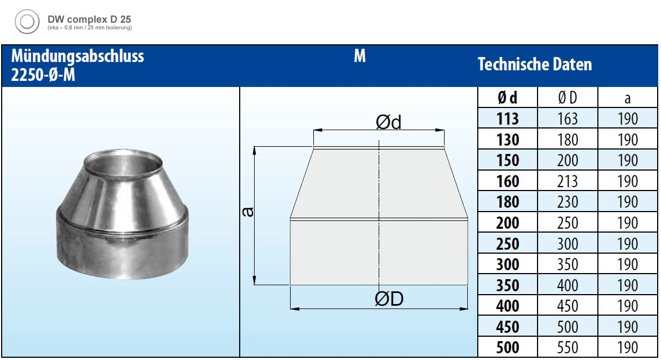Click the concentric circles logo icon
point(27,22)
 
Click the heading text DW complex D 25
point(89,19)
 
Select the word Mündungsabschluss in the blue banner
point(78,56)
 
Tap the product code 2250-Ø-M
point(43,75)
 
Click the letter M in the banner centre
point(360,56)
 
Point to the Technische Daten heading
point(535,65)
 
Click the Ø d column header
point(507,98)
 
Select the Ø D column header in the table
point(567,98)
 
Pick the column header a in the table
point(627,98)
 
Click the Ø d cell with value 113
point(507,119)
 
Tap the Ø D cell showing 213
point(567,182)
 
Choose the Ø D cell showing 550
point(567,348)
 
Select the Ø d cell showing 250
point(507,244)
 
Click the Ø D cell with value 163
point(567,119)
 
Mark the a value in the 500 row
point(627,348)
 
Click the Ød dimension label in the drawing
point(388,122)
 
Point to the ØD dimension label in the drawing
point(389,299)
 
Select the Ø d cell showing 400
point(507,306)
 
